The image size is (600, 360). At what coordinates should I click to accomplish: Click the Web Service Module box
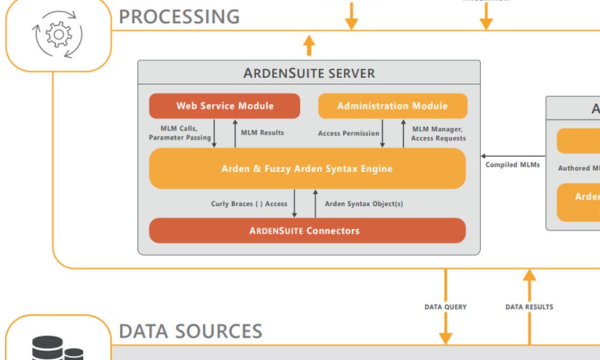[224, 106]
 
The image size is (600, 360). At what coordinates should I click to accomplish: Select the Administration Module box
[392, 106]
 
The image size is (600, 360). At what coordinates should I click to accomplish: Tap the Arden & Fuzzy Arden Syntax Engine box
[307, 169]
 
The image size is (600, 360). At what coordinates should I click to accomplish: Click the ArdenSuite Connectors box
[307, 230]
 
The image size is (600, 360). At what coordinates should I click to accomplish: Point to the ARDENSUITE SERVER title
[309, 73]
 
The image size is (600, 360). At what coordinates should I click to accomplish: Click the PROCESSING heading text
[179, 16]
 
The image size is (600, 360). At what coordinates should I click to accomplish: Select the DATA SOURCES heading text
[191, 331]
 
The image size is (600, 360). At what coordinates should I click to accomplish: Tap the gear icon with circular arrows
[59, 34]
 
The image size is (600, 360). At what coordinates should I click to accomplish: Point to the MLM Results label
[262, 133]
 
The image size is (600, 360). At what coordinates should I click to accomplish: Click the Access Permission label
[349, 133]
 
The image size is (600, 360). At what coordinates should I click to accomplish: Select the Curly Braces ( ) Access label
[249, 204]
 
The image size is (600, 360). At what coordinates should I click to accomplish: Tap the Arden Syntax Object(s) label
[364, 204]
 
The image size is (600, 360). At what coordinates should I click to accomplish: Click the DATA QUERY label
[445, 307]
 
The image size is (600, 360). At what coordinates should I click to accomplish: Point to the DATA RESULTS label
[529, 307]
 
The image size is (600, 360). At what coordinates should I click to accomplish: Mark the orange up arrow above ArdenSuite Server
[309, 45]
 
